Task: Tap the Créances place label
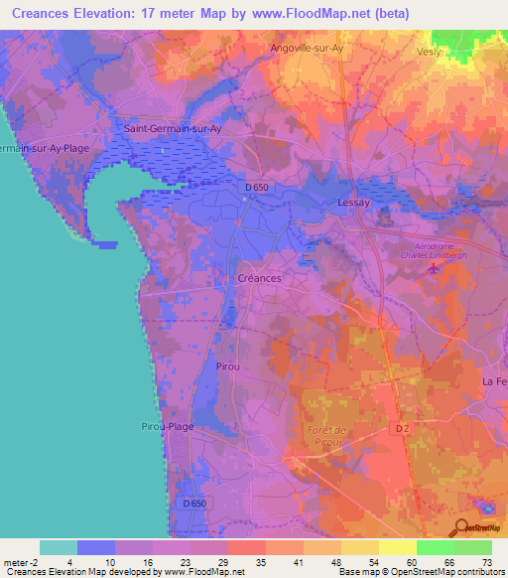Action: point(260,278)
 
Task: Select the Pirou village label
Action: point(228,366)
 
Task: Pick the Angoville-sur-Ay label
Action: point(309,47)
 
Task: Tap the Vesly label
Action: point(429,51)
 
